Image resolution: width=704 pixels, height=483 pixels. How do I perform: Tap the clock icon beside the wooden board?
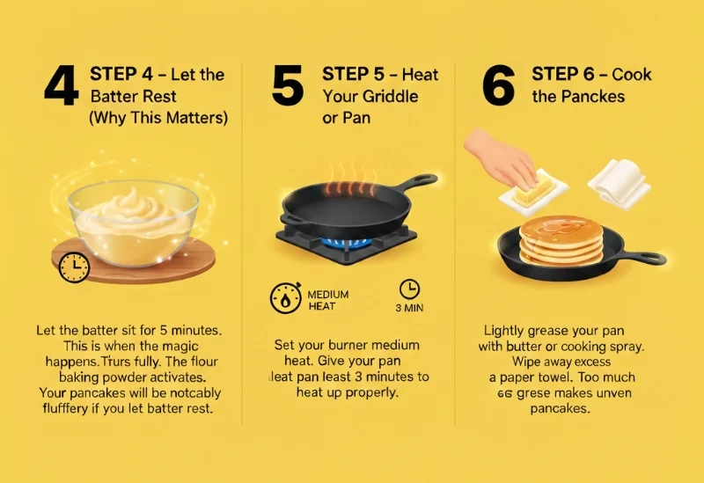pyautogui.click(x=73, y=267)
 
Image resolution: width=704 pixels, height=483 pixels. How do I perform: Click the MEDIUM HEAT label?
pyautogui.click(x=327, y=299)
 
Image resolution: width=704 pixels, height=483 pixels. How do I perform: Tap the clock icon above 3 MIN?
pyautogui.click(x=409, y=289)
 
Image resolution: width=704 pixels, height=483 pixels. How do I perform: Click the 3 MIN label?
pyautogui.click(x=410, y=309)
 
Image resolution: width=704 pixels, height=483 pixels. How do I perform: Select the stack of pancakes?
pyautogui.click(x=561, y=241)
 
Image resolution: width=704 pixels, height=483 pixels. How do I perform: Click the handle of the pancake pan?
pyautogui.click(x=642, y=258)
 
